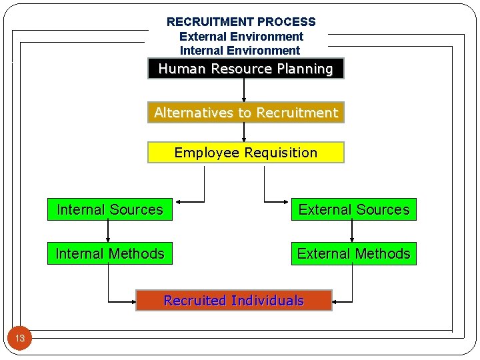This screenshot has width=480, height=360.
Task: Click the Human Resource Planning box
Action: [245, 69]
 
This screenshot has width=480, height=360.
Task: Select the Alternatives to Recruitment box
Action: [245, 113]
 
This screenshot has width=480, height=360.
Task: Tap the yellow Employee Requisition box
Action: [245, 153]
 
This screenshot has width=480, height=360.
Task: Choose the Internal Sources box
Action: [109, 210]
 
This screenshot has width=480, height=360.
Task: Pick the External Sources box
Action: [353, 210]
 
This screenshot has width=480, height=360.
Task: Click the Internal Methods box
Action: [109, 254]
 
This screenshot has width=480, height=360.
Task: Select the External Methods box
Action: [353, 254]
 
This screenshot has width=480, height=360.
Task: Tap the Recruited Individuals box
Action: [233, 301]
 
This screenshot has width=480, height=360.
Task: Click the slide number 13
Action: [20, 339]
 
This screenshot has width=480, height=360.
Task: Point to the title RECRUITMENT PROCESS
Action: [241, 22]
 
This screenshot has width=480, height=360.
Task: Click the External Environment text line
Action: [241, 37]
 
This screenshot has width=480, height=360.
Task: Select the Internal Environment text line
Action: [240, 51]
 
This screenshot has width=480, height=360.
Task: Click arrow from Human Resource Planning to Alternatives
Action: [244, 91]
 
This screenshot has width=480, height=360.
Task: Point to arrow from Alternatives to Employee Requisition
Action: [244, 132]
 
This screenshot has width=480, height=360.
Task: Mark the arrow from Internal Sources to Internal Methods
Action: [109, 231]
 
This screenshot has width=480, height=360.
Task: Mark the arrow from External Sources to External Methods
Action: [353, 231]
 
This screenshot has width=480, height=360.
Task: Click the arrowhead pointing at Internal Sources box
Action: [177, 201]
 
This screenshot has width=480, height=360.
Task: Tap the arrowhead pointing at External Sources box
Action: [287, 201]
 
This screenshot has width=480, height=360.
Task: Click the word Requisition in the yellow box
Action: [281, 153]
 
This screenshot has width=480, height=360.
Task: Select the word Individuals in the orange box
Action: [267, 301]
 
